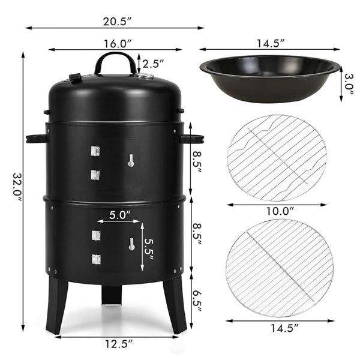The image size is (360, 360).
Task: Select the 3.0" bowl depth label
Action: click(348, 79)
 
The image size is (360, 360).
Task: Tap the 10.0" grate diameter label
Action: click(280, 211)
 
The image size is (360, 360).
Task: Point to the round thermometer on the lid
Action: click(145, 77)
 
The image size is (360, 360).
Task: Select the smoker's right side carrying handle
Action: click(192, 139)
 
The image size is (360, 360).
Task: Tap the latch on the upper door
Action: click(131, 160)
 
